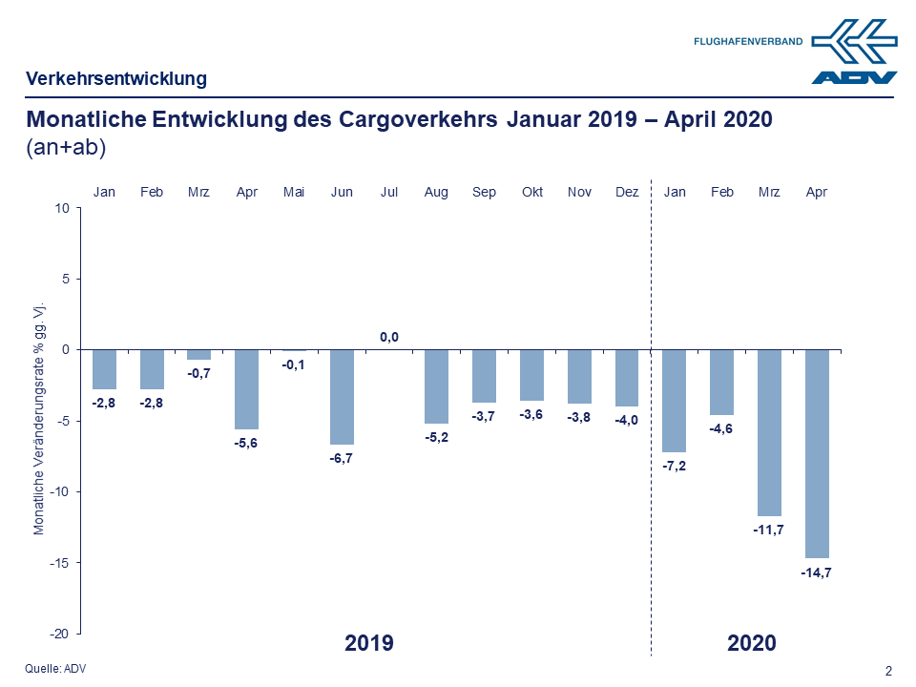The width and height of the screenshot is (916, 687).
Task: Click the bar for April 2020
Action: pyautogui.click(x=817, y=453)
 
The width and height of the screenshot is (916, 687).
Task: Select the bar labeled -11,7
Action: pyautogui.click(x=769, y=432)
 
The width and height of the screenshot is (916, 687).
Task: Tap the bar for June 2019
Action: pyautogui.click(x=342, y=397)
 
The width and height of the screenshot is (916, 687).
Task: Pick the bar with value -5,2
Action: pyautogui.click(x=436, y=386)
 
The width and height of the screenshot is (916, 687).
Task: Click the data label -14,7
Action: pyautogui.click(x=817, y=572)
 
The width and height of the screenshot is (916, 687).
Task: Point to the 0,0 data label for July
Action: pyautogui.click(x=389, y=337)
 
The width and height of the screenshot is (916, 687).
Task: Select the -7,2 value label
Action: pyautogui.click(x=674, y=467)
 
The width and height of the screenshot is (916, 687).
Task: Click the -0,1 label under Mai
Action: pyautogui.click(x=294, y=364)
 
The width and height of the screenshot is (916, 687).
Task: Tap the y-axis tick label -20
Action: pyautogui.click(x=59, y=634)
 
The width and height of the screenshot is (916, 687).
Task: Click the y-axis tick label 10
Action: pyautogui.click(x=63, y=208)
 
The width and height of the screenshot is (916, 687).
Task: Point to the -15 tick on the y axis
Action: pyautogui.click(x=59, y=563)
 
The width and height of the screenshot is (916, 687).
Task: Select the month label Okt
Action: pyautogui.click(x=531, y=192)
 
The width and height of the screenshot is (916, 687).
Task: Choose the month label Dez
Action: pyautogui.click(x=627, y=192)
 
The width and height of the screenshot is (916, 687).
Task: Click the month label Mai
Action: pyautogui.click(x=294, y=192)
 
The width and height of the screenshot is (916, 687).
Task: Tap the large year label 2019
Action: pyautogui.click(x=368, y=643)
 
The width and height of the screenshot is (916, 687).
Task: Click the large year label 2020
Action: pyautogui.click(x=751, y=643)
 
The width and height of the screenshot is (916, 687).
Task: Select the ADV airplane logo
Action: pyautogui.click(x=854, y=51)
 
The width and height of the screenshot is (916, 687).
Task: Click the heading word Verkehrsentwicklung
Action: pyautogui.click(x=116, y=78)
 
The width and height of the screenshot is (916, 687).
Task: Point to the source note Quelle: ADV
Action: pyautogui.click(x=55, y=669)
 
